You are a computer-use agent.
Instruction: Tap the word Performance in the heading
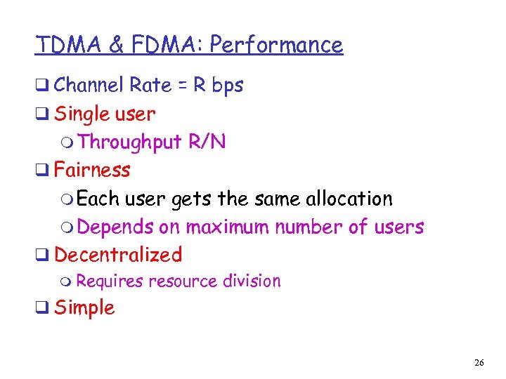276,45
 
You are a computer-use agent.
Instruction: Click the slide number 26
480,362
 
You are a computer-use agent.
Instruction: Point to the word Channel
89,86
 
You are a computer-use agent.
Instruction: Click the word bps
228,86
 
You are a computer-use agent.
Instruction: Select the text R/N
207,142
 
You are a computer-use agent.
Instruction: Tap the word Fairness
92,170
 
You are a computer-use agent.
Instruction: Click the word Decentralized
118,254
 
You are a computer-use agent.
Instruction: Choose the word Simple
84,307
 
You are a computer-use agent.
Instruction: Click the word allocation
349,199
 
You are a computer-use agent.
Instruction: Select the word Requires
110,281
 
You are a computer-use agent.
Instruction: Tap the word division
252,281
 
